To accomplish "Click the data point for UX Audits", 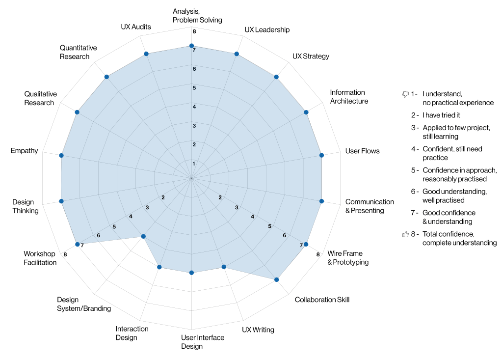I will [146, 54].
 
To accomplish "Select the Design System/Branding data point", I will [143, 236].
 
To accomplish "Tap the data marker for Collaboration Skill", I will [276, 279].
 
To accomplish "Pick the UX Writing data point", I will [224, 267].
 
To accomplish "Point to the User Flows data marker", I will [322, 155].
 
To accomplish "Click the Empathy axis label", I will [24, 151].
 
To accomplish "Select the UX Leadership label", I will [267, 29].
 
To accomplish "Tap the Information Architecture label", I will [349, 97].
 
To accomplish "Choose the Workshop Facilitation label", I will [40, 258].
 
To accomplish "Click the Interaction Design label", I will [132, 333].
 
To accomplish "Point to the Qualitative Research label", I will [40, 98].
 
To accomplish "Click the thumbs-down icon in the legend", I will [405, 94].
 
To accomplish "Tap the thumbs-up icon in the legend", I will [405, 234].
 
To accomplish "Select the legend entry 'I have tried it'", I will [442, 115].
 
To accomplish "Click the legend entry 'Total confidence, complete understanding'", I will [459, 238].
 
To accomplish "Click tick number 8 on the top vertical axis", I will [194, 32].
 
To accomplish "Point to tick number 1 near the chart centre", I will [194, 164].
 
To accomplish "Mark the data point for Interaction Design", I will [159, 267].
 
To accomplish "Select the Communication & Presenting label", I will [370, 206].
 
